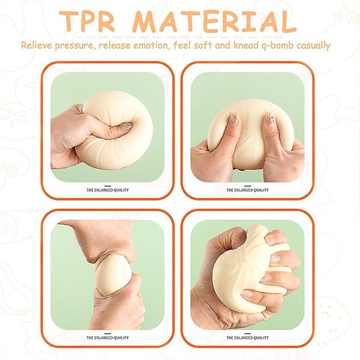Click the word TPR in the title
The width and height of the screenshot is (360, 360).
click(x=88, y=21)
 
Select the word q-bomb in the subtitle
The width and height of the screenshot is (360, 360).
click(x=274, y=46)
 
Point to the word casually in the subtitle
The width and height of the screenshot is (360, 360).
click(x=313, y=46)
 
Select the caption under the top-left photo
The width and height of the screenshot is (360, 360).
click(x=107, y=190)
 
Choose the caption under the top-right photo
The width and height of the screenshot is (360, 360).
click(x=247, y=190)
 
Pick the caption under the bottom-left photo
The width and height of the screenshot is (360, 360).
click(x=107, y=338)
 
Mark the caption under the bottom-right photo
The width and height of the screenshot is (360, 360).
click(x=247, y=338)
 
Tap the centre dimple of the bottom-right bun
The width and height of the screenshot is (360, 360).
click(x=246, y=261)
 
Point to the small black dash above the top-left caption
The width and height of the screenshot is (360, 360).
click(x=107, y=186)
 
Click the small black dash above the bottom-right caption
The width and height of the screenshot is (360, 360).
click(x=247, y=334)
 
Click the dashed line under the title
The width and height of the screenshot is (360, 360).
click(x=180, y=37)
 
